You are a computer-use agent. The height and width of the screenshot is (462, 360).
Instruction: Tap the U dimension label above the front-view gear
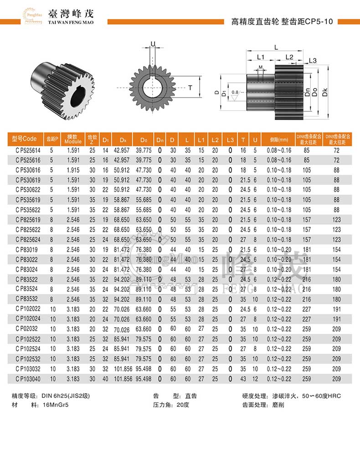click(x=153, y=44)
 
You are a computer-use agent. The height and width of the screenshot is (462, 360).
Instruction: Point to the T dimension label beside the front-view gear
click(x=190, y=87)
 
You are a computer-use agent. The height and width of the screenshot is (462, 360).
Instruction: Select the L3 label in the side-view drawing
click(x=313, y=60)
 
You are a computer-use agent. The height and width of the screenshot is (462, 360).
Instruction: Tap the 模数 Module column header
click(x=73, y=139)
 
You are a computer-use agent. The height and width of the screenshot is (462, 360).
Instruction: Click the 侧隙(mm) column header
click(x=279, y=139)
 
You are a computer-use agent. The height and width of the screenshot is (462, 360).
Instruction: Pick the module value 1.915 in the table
click(x=73, y=169)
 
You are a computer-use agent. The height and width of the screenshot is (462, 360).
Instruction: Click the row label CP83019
click(x=26, y=248)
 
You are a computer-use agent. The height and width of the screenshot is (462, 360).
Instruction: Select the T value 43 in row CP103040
click(x=243, y=379)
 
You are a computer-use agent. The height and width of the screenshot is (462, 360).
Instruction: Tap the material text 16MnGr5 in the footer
click(x=54, y=404)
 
